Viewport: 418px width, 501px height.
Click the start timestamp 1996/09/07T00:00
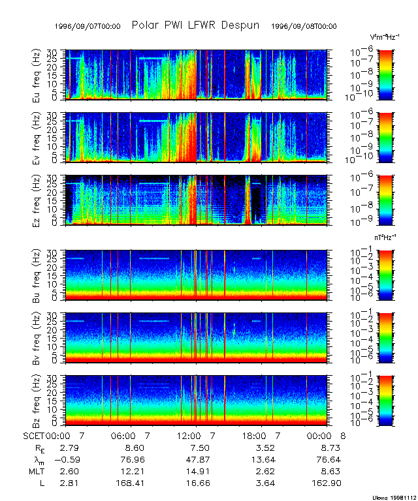[88, 26]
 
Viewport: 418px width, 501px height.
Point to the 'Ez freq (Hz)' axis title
[37, 200]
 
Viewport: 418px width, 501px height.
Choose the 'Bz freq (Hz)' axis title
[37, 400]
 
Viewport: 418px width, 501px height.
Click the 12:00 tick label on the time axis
[189, 435]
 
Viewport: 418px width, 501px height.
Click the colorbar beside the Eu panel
[386, 73]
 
